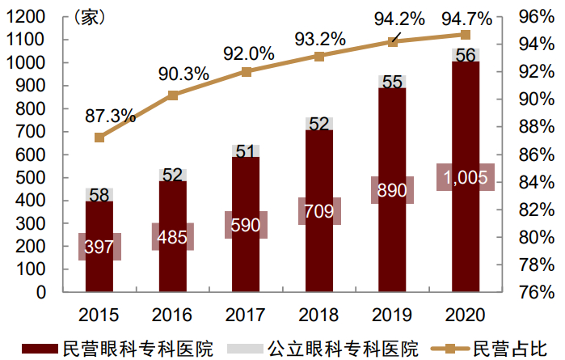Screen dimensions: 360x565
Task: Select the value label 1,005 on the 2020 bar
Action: pos(465,177)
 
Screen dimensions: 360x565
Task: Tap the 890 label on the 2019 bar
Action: pos(392,190)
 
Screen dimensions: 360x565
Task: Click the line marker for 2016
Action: pos(173,95)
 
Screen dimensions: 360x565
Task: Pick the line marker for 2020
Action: pos(466,35)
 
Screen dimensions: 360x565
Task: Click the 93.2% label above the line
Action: pos(319,39)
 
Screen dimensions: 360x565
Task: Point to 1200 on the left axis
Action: pos(31,17)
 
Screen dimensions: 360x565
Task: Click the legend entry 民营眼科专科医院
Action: pos(137,349)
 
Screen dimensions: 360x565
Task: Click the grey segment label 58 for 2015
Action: pos(99,194)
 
